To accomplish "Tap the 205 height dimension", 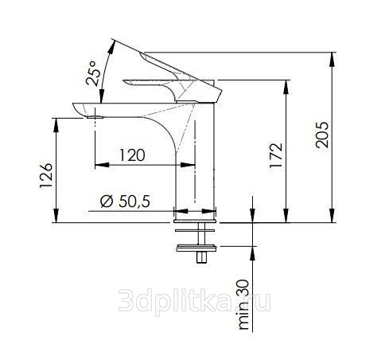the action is pos(322,135).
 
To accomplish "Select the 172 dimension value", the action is pos(276,155).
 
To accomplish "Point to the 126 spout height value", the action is pos(46,175).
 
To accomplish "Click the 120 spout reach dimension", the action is pos(132,155).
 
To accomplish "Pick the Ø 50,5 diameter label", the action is pos(125,201).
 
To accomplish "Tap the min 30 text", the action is pos(243,304).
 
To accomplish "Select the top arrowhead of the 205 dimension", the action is pos(333,60).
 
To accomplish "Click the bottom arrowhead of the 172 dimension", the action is pos(286,215).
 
